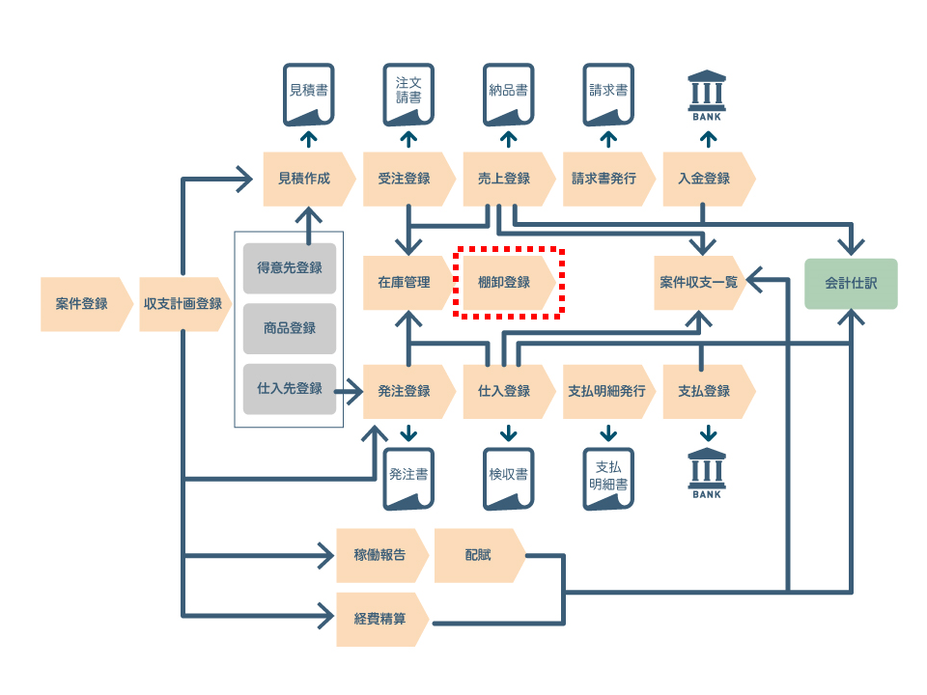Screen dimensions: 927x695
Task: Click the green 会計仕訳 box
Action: [x=851, y=284]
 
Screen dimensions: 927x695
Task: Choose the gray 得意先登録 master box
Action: [x=290, y=268]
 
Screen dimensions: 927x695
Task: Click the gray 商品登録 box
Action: [x=290, y=328]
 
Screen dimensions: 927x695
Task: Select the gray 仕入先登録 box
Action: [x=290, y=389]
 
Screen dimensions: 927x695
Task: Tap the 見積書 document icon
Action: [x=309, y=95]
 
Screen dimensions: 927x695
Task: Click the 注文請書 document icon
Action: [x=408, y=95]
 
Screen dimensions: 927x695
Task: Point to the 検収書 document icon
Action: [x=509, y=479]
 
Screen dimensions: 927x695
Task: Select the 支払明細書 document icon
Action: [x=608, y=479]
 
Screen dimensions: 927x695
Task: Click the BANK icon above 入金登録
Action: [x=707, y=96]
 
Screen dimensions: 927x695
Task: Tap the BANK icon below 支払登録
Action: [x=707, y=473]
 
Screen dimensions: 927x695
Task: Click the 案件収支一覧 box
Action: [x=699, y=283]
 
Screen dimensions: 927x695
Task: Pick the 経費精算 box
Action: [x=382, y=620]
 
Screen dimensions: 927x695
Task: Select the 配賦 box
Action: [x=480, y=556]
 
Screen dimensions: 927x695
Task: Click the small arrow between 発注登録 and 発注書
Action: [x=408, y=433]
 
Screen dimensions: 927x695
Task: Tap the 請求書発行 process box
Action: [x=608, y=179]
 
